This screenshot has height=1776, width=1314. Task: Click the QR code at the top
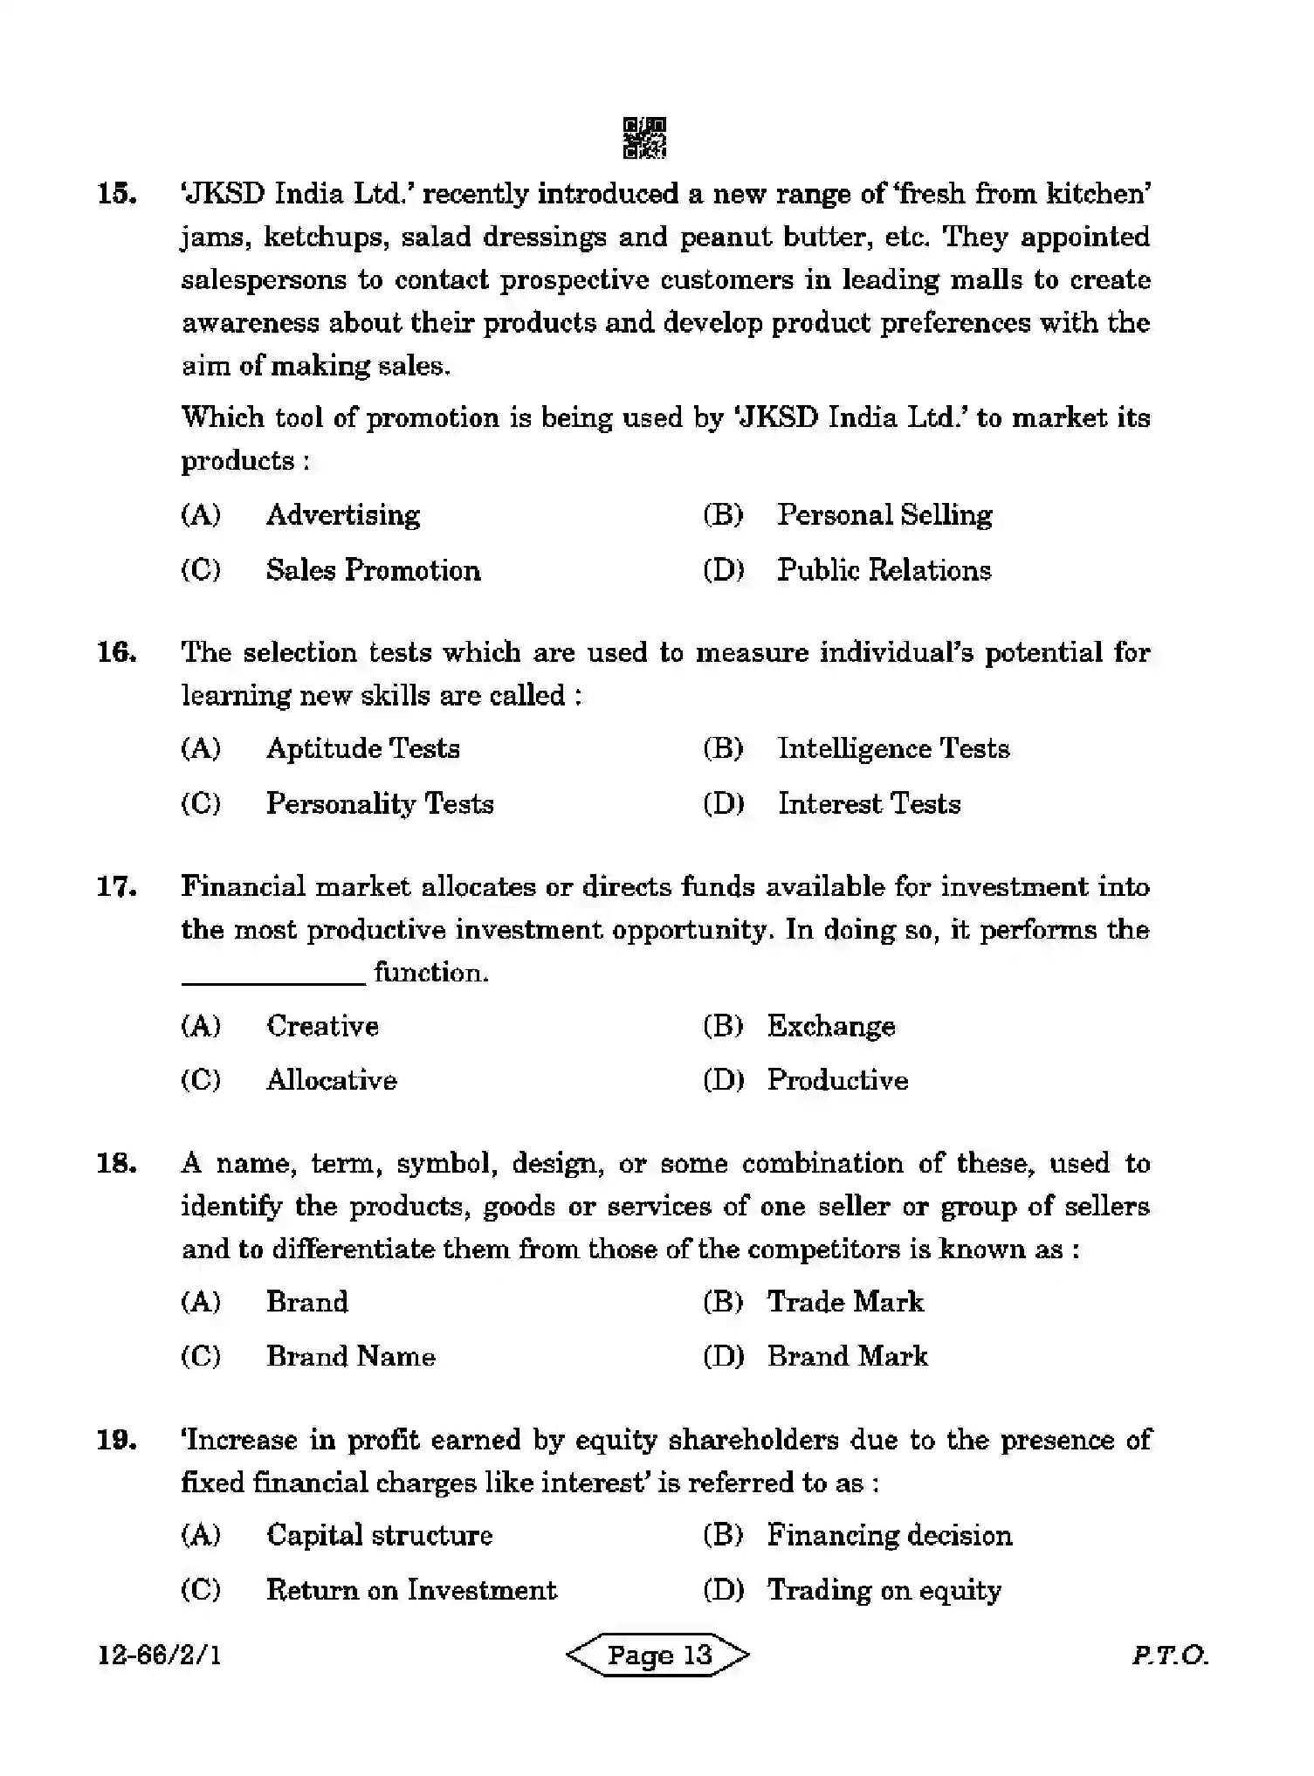click(x=644, y=138)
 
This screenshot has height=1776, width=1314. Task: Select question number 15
click(x=116, y=194)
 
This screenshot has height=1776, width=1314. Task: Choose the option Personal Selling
click(x=884, y=515)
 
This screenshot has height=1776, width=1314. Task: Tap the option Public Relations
click(x=884, y=571)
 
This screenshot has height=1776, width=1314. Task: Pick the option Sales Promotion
click(x=373, y=571)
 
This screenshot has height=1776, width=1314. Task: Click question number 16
click(x=116, y=652)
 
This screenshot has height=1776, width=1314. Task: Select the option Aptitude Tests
click(x=362, y=749)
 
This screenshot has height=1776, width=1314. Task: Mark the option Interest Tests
click(x=869, y=804)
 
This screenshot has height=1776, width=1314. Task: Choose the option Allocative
click(x=331, y=1081)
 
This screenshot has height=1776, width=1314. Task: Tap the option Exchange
click(x=830, y=1026)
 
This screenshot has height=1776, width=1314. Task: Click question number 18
click(x=116, y=1164)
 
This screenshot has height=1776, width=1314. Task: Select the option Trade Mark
click(x=844, y=1303)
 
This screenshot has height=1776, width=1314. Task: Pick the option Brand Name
click(x=350, y=1357)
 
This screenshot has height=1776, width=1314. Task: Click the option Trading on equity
click(x=884, y=1591)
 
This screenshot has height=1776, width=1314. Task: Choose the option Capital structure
click(x=379, y=1536)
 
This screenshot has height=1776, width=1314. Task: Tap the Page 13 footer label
click(x=658, y=1656)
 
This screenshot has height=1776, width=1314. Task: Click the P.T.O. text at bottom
click(x=1169, y=1656)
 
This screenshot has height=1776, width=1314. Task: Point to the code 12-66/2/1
click(x=159, y=1656)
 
